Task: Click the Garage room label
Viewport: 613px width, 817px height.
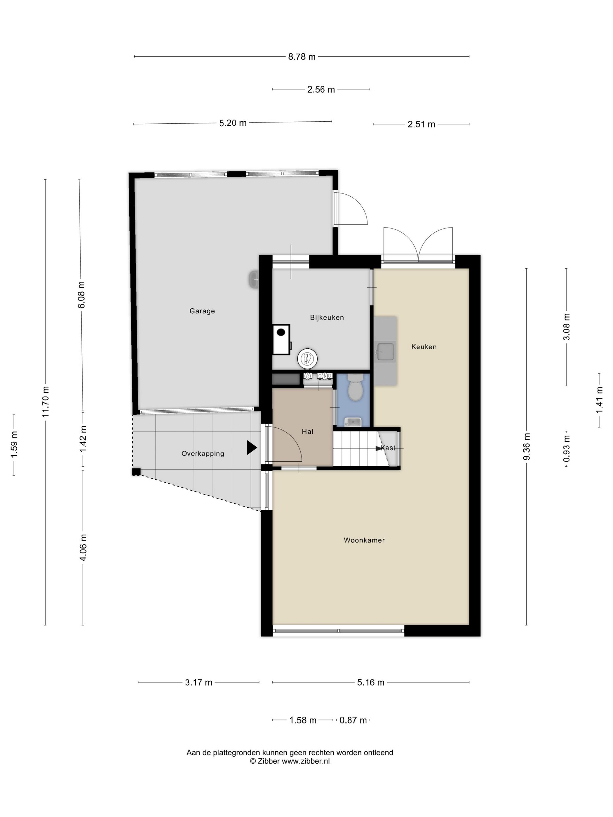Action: point(202,311)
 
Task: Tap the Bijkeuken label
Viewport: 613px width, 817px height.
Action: point(327,317)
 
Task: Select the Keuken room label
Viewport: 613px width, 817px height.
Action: point(424,346)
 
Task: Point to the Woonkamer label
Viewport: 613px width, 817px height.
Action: point(364,540)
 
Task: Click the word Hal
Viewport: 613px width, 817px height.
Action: point(307,431)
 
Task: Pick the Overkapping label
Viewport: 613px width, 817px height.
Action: point(203,453)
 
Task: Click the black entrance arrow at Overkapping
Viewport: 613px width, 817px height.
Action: point(252,448)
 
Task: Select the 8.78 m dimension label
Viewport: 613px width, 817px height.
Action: point(302,57)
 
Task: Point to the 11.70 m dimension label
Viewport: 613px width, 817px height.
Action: point(46,402)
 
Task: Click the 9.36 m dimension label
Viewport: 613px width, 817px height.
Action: point(527,446)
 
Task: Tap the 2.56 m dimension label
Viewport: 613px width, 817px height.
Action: point(321,89)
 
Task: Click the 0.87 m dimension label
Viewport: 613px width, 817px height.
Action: point(353,731)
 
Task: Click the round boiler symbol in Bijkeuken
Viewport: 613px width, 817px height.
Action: point(307,358)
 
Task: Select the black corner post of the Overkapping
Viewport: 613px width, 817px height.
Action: point(136,472)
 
